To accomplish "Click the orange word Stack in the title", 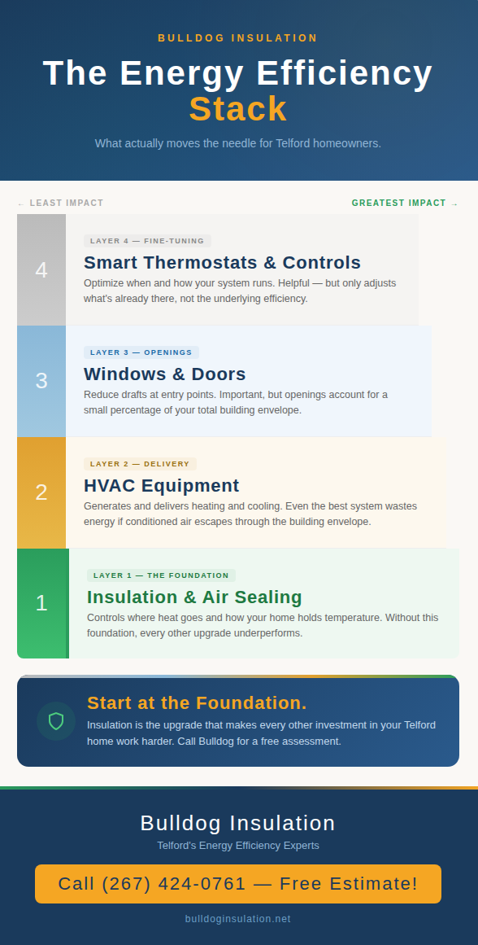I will click(238, 109).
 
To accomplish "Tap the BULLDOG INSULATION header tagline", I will click(238, 38).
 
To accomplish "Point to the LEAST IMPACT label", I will click(61, 203).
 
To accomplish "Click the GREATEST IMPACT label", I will click(405, 203).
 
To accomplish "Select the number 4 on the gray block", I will click(41, 270).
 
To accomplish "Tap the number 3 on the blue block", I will click(41, 381).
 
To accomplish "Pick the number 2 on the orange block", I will click(41, 492).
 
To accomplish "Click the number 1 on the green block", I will click(41, 603).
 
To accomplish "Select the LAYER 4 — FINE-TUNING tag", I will click(147, 241).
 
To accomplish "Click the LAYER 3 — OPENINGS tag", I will click(141, 352).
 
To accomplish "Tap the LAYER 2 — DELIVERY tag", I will click(140, 464).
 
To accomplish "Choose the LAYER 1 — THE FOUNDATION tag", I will click(161, 575).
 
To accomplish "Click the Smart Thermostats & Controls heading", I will click(222, 263).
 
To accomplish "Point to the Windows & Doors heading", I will click(164, 374).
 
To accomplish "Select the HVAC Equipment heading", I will click(161, 486).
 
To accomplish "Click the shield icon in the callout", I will click(56, 721).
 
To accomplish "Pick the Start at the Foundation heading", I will click(197, 703).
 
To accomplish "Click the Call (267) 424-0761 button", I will click(238, 884).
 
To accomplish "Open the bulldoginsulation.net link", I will click(238, 919).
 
